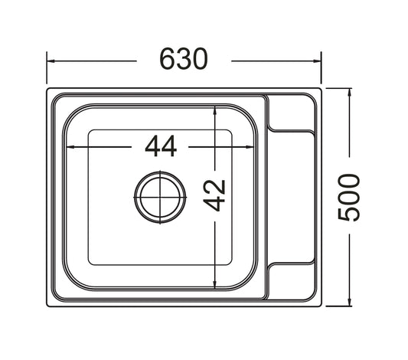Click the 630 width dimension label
(184, 59)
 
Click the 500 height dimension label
(349, 198)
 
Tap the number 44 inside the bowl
(161, 146)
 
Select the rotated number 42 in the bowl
(214, 195)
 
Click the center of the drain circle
(160, 197)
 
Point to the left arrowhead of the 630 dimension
(51, 61)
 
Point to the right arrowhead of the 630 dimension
(318, 61)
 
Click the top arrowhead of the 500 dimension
(349, 92)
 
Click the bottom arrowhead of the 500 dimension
(349, 303)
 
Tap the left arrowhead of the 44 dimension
(70, 147)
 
